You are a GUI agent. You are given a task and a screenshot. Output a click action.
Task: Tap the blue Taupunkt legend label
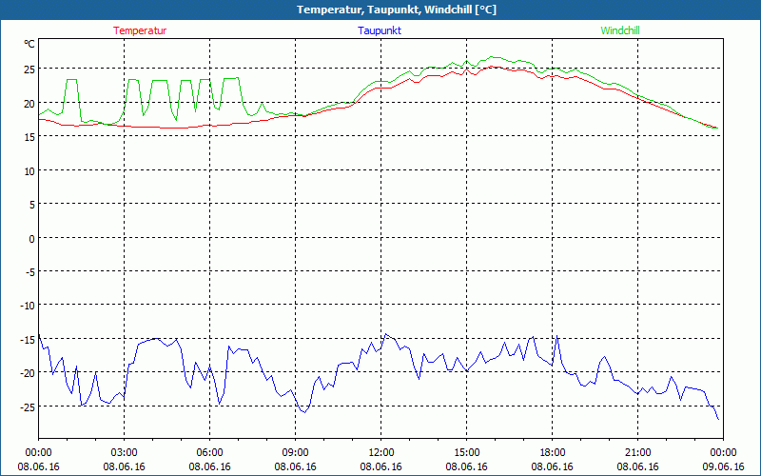click(380, 30)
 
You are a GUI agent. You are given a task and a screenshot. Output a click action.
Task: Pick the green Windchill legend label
click(620, 30)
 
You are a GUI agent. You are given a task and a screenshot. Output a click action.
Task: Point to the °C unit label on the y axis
click(29, 44)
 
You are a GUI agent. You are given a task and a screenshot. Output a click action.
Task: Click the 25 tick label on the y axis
click(29, 69)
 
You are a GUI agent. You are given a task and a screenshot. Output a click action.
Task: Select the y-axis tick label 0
click(31, 238)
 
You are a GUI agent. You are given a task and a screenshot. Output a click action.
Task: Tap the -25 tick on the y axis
click(27, 407)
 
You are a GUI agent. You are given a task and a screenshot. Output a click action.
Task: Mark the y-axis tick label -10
click(27, 306)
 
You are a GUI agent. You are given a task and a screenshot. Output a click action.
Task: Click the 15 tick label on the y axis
click(29, 137)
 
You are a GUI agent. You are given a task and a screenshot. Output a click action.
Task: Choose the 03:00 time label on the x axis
click(125, 452)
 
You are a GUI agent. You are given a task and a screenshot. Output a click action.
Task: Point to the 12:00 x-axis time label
click(380, 452)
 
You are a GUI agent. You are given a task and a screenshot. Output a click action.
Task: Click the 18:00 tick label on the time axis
click(552, 452)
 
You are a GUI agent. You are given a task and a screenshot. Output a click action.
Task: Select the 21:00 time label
click(637, 452)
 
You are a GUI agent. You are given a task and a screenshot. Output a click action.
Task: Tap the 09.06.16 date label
click(723, 466)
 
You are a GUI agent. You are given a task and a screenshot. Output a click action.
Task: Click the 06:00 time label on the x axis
click(210, 452)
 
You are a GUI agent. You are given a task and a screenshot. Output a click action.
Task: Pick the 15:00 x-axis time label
click(466, 452)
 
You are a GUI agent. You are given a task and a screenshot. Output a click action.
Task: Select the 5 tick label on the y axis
click(31, 205)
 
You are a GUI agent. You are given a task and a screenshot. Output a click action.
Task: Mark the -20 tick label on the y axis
click(27, 373)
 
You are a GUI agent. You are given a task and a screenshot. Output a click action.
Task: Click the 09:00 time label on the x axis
click(295, 452)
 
